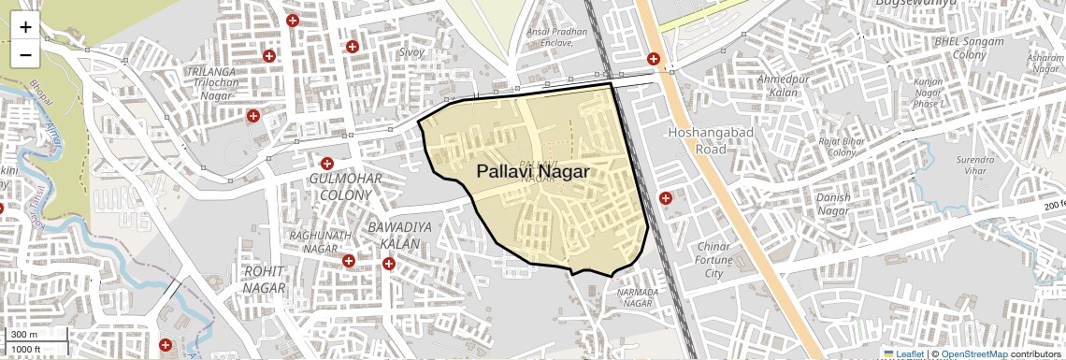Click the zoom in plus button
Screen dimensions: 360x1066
click(x=25, y=27)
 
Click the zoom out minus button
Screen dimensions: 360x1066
click(x=25, y=55)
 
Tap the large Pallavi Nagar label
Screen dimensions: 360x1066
click(x=532, y=172)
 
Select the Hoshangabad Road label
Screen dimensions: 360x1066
click(x=698, y=140)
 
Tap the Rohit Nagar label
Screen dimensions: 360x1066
click(x=264, y=279)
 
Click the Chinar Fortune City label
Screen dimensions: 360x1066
click(x=713, y=260)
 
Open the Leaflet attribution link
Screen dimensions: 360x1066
click(x=903, y=353)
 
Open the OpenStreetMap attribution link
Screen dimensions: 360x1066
click(x=973, y=353)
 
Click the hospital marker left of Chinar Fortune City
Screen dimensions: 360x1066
click(x=666, y=198)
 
